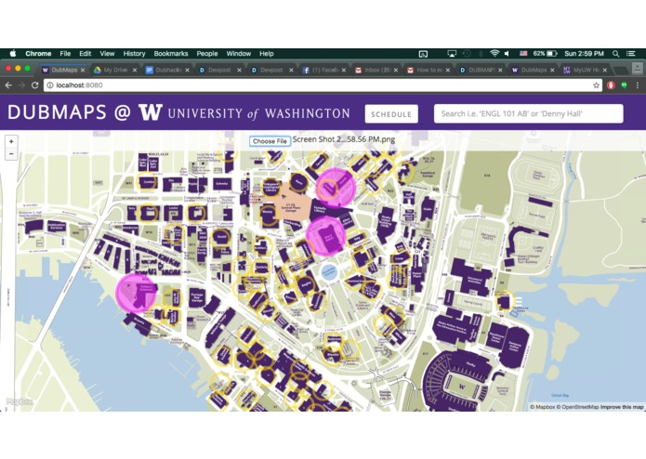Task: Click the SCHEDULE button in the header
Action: point(390,114)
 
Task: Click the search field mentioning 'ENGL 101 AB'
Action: point(528,114)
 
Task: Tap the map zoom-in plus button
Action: point(11,142)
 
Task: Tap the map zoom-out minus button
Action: point(11,154)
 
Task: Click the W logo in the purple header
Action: point(150,113)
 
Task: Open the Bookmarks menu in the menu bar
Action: point(170,54)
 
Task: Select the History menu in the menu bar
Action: point(134,54)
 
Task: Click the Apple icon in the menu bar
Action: point(13,54)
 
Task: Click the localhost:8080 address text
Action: point(79,85)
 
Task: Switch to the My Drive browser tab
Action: point(115,70)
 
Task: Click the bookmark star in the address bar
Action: point(597,85)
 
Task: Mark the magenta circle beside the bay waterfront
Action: point(136,292)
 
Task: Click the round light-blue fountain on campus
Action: point(328,271)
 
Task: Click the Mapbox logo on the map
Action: point(19,402)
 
